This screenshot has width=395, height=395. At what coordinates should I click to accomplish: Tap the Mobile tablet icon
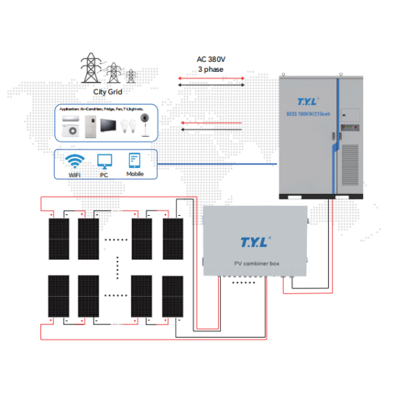click(135, 159)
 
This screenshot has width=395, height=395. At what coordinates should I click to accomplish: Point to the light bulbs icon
click(128, 128)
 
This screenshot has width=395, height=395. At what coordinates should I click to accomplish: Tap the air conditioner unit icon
click(70, 127)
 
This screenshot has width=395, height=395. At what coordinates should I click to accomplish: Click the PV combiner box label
click(255, 263)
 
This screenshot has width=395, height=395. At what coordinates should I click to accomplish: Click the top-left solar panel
click(59, 240)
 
